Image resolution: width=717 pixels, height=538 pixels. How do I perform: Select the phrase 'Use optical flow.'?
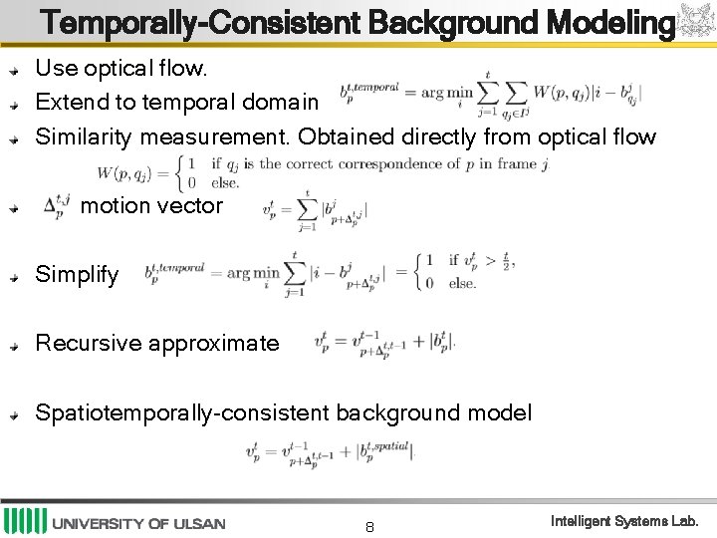tap(121, 69)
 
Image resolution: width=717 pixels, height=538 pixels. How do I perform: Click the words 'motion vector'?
tap(151, 205)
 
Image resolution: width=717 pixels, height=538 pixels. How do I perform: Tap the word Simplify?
tap(77, 274)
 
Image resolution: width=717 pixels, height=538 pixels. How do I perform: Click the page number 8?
tap(369, 526)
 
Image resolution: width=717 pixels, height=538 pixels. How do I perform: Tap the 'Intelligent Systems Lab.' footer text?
tap(625, 521)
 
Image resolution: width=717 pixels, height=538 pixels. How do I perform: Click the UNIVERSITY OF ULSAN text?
tap(138, 523)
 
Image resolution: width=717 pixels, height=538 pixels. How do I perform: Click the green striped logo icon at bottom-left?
tap(25, 521)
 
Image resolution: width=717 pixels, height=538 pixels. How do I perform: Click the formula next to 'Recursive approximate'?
tap(383, 344)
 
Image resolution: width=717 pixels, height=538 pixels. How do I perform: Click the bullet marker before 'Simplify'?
tap(14, 277)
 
